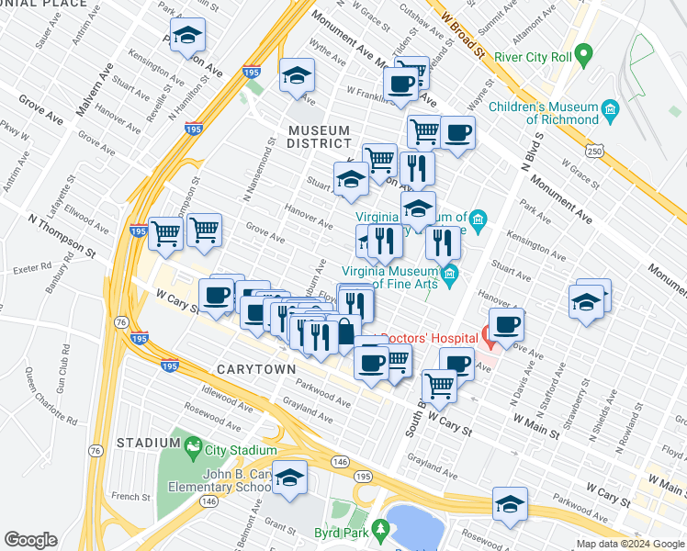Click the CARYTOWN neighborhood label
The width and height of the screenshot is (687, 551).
(256, 369)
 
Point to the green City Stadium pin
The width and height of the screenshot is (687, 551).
(193, 447)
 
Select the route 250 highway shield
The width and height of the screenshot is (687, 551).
(595, 151)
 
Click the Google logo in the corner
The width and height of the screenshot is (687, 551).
(31, 540)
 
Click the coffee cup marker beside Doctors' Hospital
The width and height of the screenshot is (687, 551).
(506, 324)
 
